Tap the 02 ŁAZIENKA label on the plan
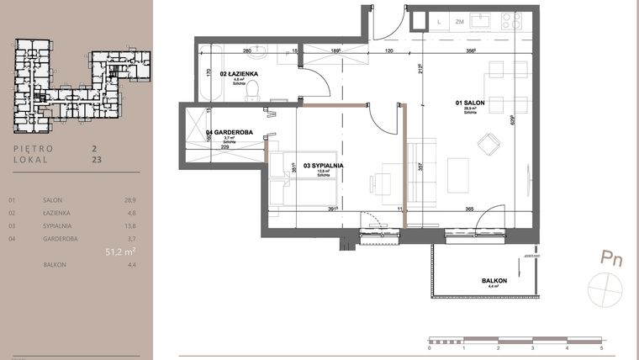pos(239,74)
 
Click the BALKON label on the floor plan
pos(494,280)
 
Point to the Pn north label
pos(611,259)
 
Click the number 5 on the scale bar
pos(601,346)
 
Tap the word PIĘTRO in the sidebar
pos(34,147)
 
